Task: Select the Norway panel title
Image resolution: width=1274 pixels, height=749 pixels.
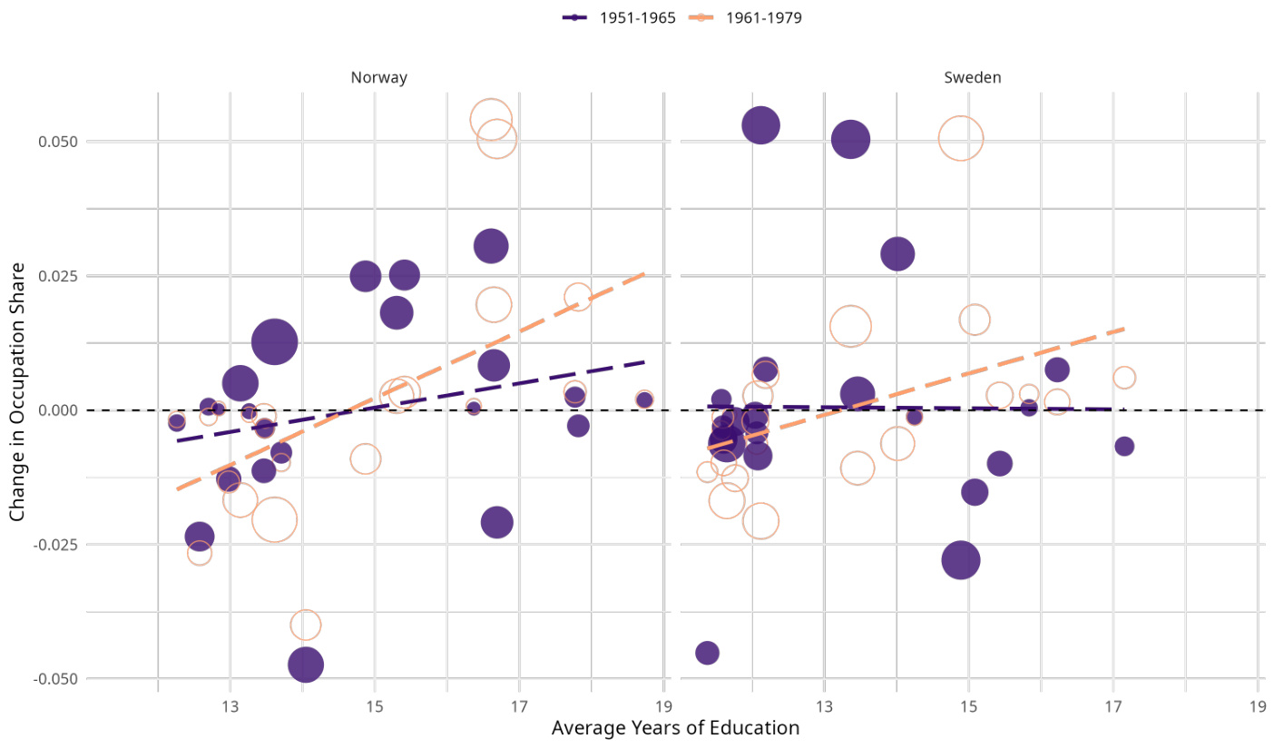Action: coord(378,78)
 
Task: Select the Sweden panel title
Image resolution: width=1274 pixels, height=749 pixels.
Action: coord(972,78)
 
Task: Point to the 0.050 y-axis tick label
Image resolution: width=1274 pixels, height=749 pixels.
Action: coord(57,142)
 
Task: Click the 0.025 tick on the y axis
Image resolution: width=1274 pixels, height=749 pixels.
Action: coord(57,276)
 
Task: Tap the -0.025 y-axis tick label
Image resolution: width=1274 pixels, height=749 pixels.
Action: coord(55,545)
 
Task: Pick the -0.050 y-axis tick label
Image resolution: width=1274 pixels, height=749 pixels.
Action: coord(55,679)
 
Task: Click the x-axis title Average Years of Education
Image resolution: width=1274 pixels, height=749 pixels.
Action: coord(675,728)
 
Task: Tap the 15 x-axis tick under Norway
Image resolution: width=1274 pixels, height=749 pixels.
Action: coord(375,708)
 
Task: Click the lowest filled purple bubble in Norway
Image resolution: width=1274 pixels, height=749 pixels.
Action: coord(306,665)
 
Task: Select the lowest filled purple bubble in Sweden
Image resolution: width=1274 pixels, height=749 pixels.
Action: coord(707,652)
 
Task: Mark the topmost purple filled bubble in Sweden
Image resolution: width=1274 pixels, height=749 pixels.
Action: coord(761,125)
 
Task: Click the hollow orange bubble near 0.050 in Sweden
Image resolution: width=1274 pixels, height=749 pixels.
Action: coord(961,139)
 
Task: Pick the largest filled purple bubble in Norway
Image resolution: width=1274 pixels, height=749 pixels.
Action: coord(275,342)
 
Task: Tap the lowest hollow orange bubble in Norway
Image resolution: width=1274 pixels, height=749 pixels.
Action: coord(306,625)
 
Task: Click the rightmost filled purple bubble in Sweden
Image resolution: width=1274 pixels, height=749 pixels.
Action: coord(1124,446)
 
